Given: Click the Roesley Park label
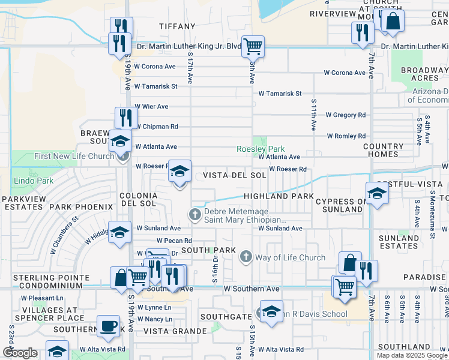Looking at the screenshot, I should pos(260,149).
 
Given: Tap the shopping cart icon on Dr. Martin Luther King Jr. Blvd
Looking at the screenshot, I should pos(253,46).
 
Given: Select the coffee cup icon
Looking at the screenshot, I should pos(108,326).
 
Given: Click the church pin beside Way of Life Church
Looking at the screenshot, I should pos(245,257).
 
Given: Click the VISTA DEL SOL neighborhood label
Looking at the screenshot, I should pos(234,175).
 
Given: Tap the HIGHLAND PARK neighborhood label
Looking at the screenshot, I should pos(278,196).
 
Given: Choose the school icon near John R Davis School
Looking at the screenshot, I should pos(271,312).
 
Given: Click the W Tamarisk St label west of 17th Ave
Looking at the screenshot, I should pos(156,86).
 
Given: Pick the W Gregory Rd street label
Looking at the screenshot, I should pos(345,115).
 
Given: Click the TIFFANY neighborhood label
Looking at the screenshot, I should pos(178,26).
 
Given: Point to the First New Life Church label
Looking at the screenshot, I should pos(74,156).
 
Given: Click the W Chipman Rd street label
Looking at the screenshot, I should pos(157,127).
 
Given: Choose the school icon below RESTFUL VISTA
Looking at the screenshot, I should pos(377,194).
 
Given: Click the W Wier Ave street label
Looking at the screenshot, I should pos(151,106).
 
